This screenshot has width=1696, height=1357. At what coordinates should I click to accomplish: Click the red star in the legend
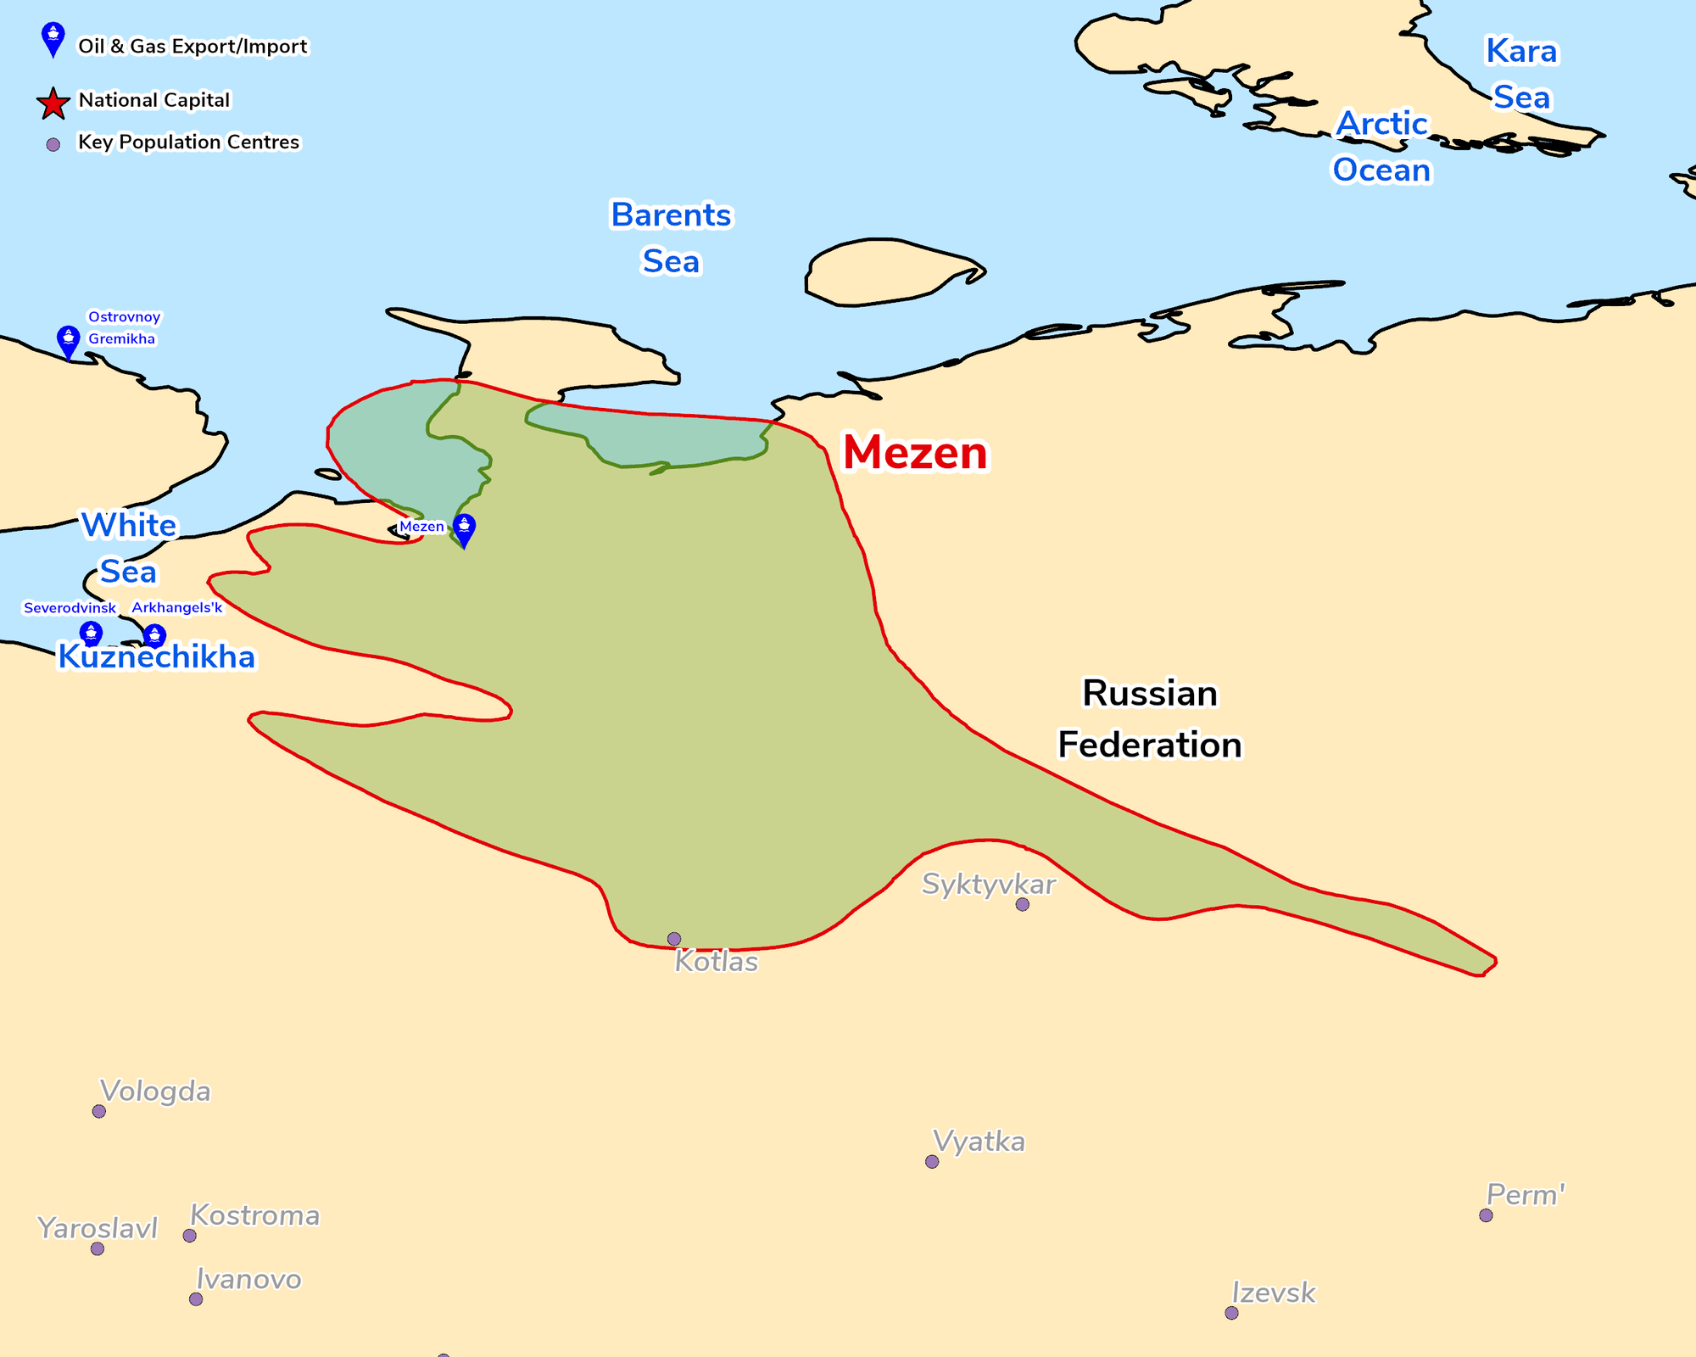click(x=53, y=103)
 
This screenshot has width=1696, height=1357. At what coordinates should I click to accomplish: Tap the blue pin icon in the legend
click(x=53, y=38)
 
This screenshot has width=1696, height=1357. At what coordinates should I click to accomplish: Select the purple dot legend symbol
click(x=53, y=145)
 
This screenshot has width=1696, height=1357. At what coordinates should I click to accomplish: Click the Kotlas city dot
click(x=674, y=939)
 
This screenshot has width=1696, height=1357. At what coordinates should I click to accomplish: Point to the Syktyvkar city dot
click(x=1023, y=905)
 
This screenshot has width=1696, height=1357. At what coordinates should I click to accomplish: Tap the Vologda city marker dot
click(x=99, y=1111)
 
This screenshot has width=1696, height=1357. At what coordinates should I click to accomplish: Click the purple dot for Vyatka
click(x=932, y=1162)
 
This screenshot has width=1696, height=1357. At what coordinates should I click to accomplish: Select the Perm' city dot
click(x=1486, y=1215)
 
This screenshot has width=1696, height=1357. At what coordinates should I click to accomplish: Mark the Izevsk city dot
click(x=1232, y=1313)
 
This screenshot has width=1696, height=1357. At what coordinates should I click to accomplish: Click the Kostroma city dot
click(x=190, y=1236)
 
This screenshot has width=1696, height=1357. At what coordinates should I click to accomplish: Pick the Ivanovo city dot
click(x=196, y=1299)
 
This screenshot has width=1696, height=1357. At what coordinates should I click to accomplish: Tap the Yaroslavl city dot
click(x=98, y=1248)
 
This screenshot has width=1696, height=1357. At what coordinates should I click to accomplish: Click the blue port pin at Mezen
click(x=464, y=528)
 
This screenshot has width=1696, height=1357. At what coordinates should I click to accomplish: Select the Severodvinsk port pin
click(x=91, y=634)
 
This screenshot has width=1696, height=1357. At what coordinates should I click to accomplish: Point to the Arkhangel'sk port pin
click(x=154, y=635)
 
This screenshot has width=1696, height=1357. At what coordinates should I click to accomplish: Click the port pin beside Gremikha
click(x=68, y=341)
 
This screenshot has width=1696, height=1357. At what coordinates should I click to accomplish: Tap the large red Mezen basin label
click(x=915, y=453)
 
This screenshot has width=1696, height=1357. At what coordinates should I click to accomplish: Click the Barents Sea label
click(x=671, y=238)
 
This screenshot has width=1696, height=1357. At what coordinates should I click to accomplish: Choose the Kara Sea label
click(x=1521, y=75)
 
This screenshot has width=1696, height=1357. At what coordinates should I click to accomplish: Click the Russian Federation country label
click(x=1150, y=719)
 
